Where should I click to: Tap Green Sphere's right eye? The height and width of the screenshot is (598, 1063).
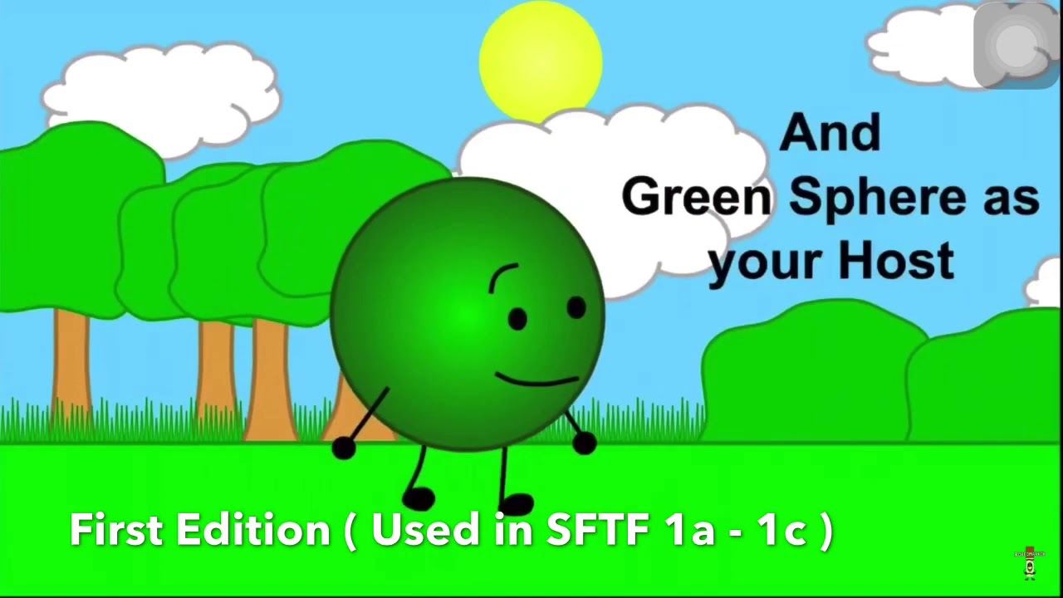[x=576, y=308]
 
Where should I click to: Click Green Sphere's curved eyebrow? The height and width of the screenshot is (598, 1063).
[x=502, y=277]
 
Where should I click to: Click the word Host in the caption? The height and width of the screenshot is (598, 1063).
[x=896, y=261]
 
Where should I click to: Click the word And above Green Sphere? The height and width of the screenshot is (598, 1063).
[x=830, y=133]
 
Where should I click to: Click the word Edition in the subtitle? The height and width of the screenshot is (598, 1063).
[x=253, y=529]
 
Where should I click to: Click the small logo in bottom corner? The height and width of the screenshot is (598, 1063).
[x=1030, y=564]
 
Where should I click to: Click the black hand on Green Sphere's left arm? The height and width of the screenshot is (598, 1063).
[x=343, y=448]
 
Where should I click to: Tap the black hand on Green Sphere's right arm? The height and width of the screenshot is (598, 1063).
[x=584, y=444]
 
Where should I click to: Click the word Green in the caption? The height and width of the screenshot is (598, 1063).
[x=696, y=197]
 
